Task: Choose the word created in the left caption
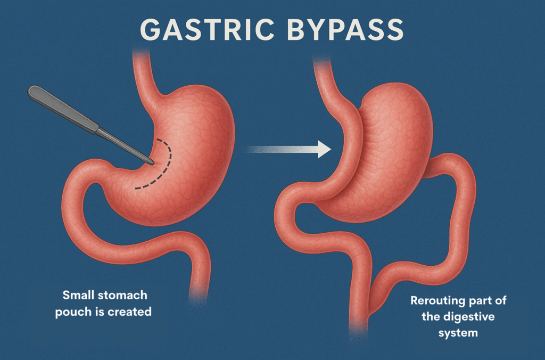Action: click(x=131, y=312)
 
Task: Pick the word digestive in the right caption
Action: click(x=469, y=317)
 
